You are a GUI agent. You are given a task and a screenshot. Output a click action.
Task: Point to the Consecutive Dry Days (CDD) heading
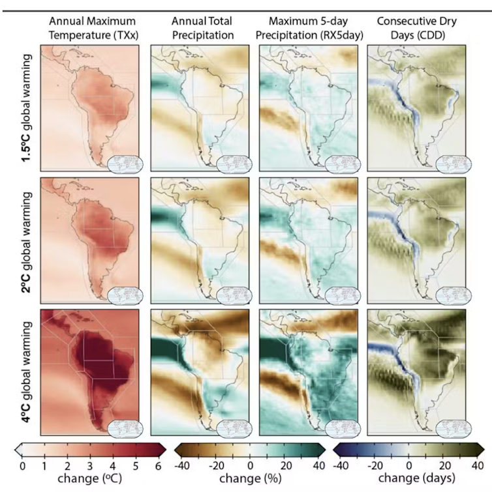point(416,27)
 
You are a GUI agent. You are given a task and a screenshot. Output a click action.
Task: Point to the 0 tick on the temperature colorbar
point(22,465)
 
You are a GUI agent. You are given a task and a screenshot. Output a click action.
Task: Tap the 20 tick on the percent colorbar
point(284,465)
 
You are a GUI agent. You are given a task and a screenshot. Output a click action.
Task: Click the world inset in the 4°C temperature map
point(124,427)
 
